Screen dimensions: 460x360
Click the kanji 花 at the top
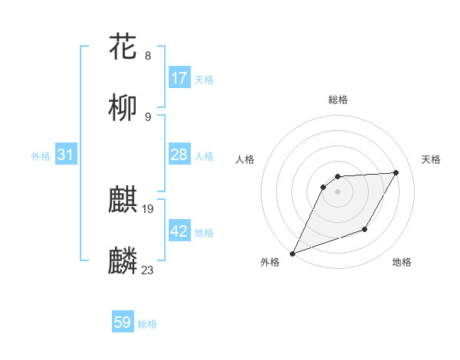point(123,47)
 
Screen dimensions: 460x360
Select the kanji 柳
point(123,108)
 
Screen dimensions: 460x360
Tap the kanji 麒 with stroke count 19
point(123,200)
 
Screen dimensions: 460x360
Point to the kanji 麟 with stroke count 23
point(123,261)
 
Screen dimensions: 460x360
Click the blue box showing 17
point(179,78)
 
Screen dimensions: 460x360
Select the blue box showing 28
point(179,155)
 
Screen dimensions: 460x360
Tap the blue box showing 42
point(179,231)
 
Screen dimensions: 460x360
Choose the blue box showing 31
point(66,155)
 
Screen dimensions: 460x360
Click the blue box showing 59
point(123,322)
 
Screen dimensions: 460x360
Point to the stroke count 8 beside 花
point(148,56)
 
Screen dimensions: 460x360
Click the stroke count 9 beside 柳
point(148,117)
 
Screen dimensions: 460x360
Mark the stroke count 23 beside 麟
point(148,270)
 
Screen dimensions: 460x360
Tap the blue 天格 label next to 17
point(204,79)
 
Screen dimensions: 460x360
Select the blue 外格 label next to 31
point(41,155)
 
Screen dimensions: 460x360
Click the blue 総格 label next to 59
point(147,324)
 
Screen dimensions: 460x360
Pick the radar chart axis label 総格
point(338,100)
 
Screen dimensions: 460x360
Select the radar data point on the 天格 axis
point(396,172)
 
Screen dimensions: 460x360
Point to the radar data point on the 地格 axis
point(366,230)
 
